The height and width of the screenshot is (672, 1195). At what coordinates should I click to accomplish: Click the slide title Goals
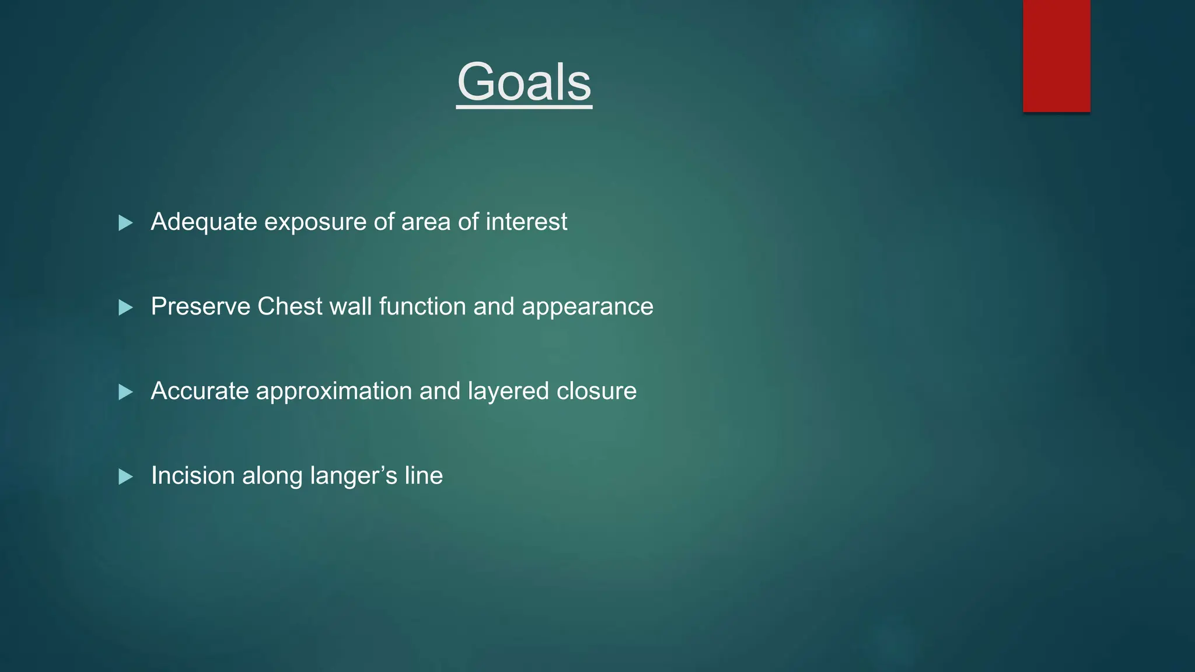[x=524, y=82]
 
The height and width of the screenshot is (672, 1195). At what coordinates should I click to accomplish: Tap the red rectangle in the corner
[x=1056, y=56]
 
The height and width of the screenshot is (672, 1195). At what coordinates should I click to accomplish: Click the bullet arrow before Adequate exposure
[x=125, y=223]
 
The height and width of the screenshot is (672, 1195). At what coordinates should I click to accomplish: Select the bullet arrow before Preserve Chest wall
[x=125, y=307]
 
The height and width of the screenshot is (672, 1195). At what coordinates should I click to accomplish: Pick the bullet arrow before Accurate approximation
[x=125, y=392]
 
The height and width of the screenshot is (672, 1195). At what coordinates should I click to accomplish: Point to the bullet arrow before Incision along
[x=125, y=477]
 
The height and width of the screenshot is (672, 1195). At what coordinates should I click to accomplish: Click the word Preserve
[x=200, y=307]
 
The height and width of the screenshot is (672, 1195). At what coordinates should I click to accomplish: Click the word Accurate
[x=200, y=391]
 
